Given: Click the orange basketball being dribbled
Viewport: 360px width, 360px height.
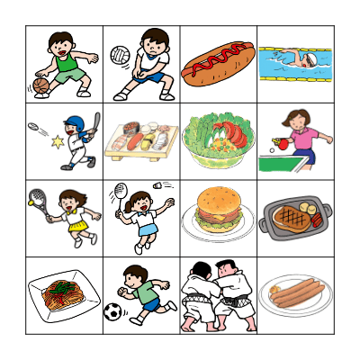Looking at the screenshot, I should pos(40,85).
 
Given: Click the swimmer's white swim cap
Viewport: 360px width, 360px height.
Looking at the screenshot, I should pos(309,59).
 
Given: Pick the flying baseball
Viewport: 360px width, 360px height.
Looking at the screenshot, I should pos(33,128).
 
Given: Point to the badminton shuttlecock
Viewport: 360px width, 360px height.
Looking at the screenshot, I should pos(165,185).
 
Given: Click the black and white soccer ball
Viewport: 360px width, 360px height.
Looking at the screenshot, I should pos(112,312).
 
